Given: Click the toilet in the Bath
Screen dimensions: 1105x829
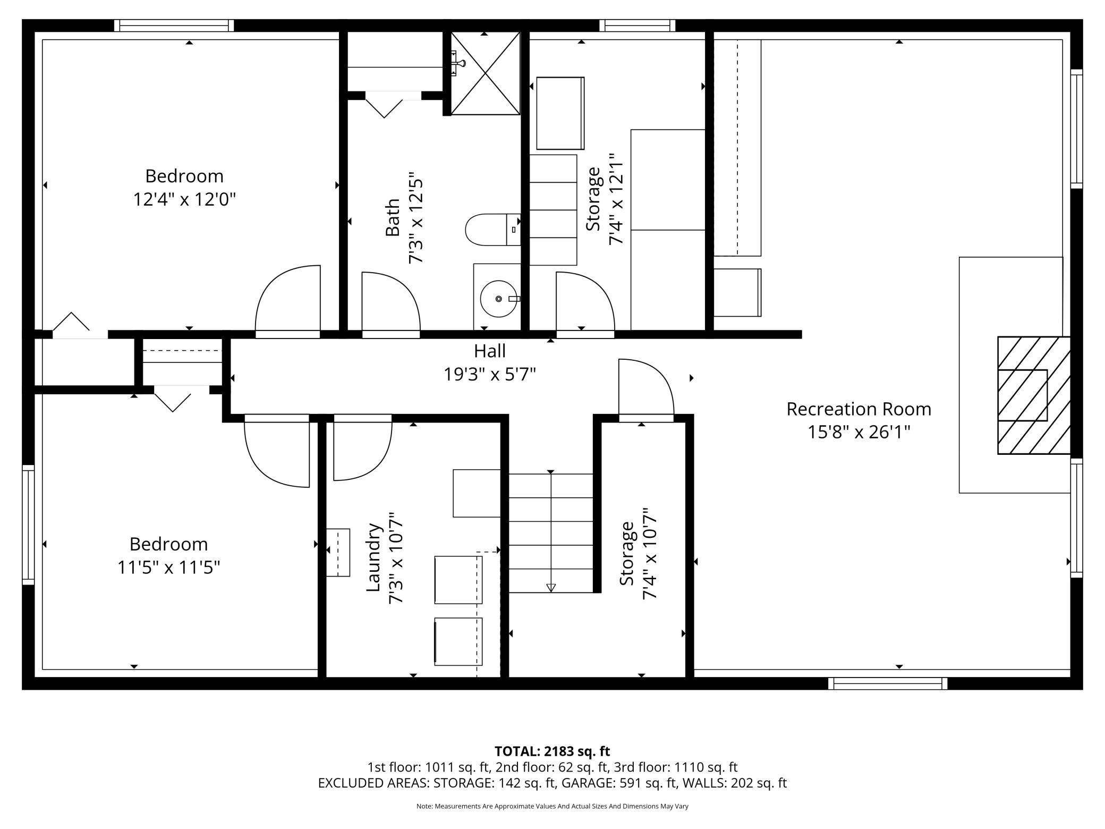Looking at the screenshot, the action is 492,230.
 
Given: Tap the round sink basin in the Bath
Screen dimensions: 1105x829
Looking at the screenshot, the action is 498,299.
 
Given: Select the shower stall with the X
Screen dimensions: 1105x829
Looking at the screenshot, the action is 485,73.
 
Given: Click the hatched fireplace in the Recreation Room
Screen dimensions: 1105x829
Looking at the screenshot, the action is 1033,395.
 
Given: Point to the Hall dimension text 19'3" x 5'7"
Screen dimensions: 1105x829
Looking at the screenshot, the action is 490,375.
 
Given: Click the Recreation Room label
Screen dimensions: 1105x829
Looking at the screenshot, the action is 858,409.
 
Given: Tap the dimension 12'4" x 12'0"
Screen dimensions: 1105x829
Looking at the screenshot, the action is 184,200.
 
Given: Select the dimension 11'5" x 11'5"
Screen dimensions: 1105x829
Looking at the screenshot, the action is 168,568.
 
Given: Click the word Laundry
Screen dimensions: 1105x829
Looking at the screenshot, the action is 374,557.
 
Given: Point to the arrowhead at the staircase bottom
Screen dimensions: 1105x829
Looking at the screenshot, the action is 551,587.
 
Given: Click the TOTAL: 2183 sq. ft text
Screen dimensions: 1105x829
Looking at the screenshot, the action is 552,751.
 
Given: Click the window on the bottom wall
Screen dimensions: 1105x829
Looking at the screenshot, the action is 888,683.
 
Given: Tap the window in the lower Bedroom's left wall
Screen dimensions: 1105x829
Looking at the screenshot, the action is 28,525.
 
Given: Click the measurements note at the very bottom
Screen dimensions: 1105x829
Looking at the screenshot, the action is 552,806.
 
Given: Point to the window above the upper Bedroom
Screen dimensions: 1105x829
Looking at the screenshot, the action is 174,26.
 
